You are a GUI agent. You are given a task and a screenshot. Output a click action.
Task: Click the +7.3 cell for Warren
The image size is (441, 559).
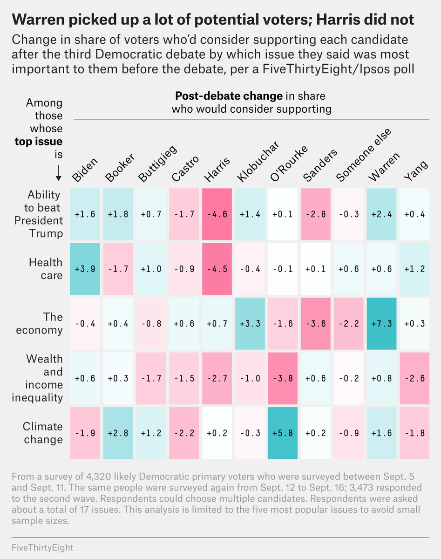[381, 324]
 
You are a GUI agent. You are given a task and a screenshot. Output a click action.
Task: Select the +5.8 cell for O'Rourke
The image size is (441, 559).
[283, 433]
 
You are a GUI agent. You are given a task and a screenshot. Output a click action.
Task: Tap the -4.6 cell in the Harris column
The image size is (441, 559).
[217, 214]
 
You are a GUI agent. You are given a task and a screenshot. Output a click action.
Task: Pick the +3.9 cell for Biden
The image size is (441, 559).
[85, 269]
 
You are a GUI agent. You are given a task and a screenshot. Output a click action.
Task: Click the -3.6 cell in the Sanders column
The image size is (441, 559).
[316, 324]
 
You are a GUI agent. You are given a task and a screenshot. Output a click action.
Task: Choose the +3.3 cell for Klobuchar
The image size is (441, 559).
[250, 324]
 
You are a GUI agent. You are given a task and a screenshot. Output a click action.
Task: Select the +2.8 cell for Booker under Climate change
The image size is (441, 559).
[118, 433]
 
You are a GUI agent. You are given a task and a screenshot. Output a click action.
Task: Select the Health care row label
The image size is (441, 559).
[46, 269]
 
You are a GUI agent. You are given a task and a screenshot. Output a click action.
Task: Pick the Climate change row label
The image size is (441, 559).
[42, 433]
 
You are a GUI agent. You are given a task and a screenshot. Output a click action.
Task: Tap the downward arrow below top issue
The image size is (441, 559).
[59, 173]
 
